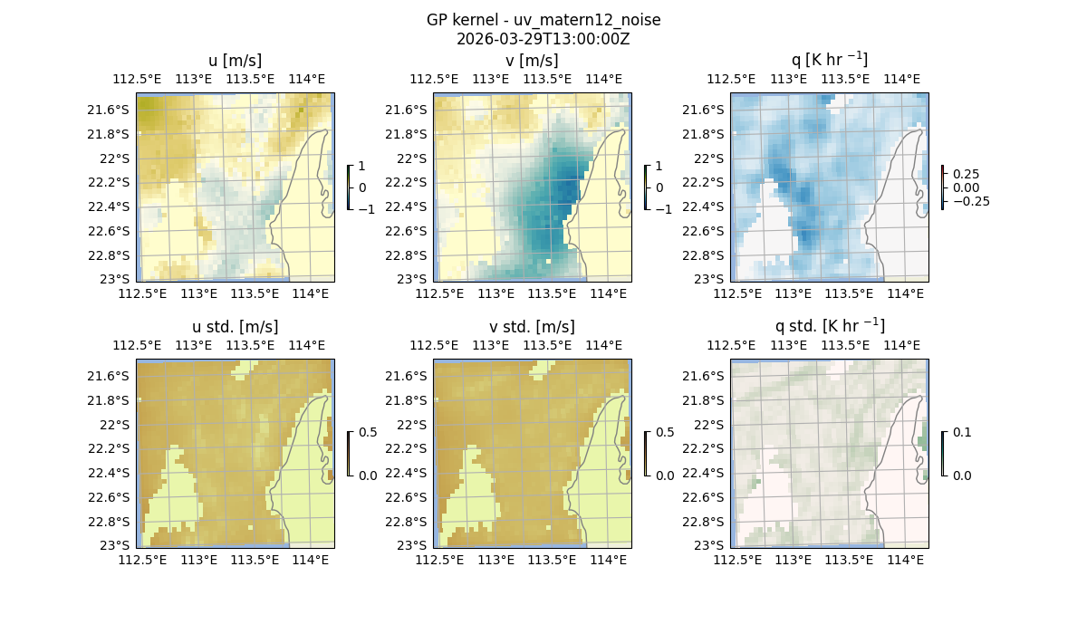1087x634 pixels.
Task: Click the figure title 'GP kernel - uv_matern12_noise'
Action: pyautogui.click(x=543, y=20)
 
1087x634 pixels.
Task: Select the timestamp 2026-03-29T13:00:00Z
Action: pyautogui.click(x=543, y=39)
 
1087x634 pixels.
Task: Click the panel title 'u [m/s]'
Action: pyautogui.click(x=236, y=61)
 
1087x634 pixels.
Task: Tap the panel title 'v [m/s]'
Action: pyautogui.click(x=533, y=61)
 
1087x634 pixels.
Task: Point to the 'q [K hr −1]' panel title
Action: pyautogui.click(x=830, y=60)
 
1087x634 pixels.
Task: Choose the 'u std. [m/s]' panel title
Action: pyautogui.click(x=236, y=327)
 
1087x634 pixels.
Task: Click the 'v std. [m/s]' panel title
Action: pyautogui.click(x=533, y=327)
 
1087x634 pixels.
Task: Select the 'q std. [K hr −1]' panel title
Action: pyautogui.click(x=830, y=326)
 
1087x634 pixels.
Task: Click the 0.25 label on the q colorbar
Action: pyautogui.click(x=965, y=174)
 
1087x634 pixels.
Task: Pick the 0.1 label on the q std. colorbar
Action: pyautogui.click(x=960, y=433)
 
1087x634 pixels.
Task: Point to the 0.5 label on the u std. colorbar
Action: pyautogui.click(x=367, y=433)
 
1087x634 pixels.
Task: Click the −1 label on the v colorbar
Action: pyautogui.click(x=663, y=208)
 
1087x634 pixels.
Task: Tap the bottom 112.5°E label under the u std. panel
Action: pyautogui.click(x=143, y=560)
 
